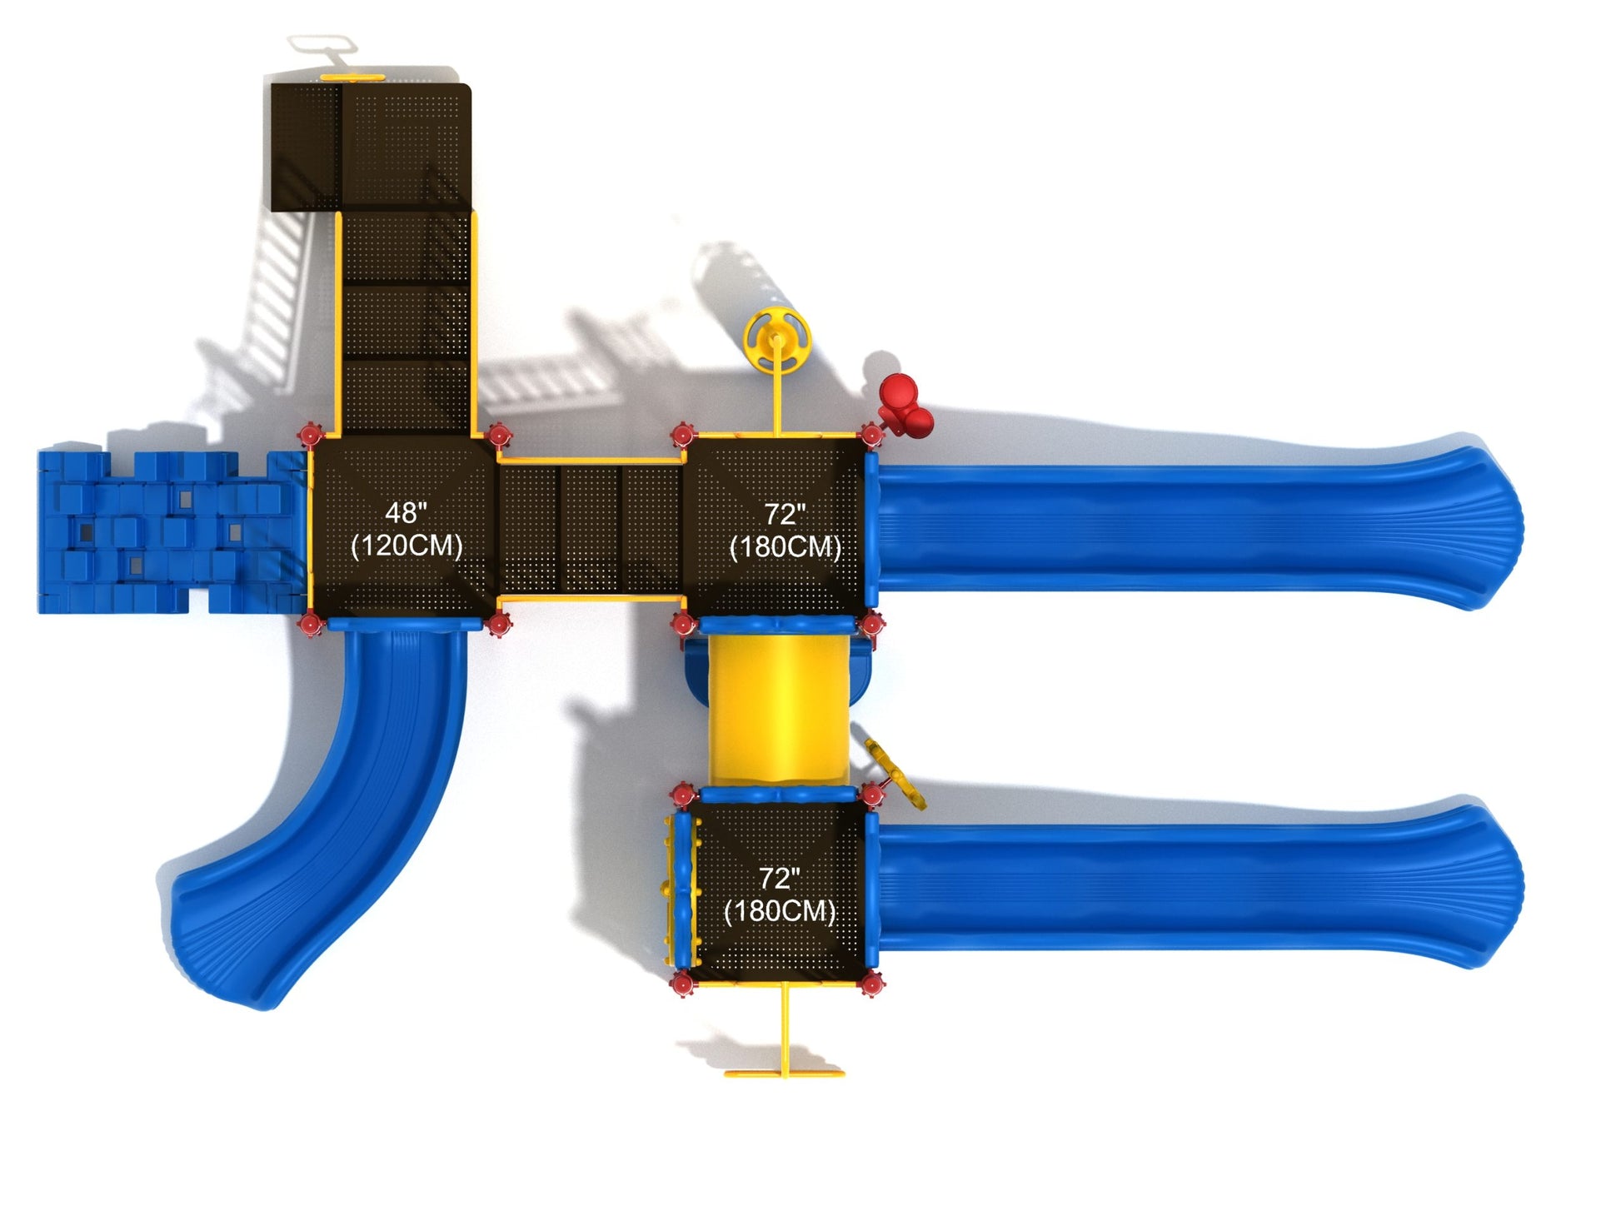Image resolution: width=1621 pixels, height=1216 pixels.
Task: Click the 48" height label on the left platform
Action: (x=406, y=512)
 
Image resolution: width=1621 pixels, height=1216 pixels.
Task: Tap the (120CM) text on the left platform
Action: (x=406, y=546)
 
